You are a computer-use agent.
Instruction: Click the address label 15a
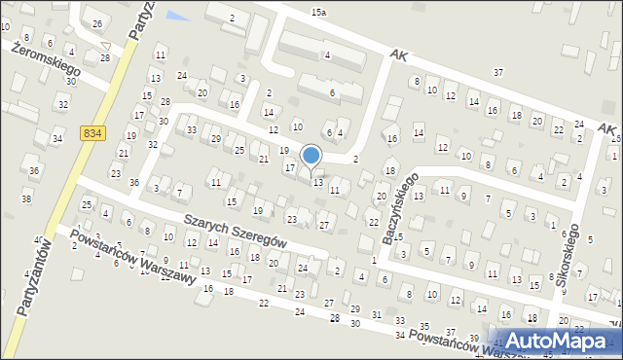click(318, 12)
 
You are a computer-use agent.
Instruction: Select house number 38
click(26, 198)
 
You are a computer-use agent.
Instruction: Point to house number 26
click(96, 22)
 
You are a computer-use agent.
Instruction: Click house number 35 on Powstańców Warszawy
click(422, 326)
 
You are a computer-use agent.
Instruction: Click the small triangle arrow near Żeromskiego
click(104, 45)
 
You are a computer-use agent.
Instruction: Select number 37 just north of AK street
click(498, 72)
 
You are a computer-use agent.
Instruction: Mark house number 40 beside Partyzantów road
click(39, 239)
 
